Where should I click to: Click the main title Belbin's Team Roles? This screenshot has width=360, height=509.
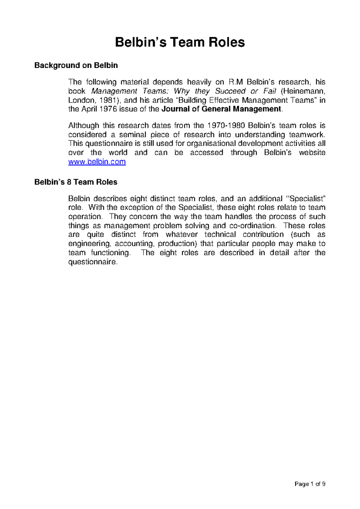[x=180, y=42]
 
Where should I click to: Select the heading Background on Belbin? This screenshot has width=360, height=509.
[x=76, y=65]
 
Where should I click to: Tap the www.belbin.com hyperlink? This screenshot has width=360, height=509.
[x=97, y=162]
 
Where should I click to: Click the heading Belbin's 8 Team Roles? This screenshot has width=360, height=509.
[x=76, y=182]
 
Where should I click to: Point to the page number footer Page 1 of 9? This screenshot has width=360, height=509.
[x=310, y=484]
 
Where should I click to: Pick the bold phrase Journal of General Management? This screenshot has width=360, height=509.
[x=221, y=109]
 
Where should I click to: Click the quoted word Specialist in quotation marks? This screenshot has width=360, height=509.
[x=306, y=199]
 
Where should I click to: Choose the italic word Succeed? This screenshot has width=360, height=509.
[x=230, y=91]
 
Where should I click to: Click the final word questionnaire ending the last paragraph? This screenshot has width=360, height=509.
[x=92, y=262]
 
